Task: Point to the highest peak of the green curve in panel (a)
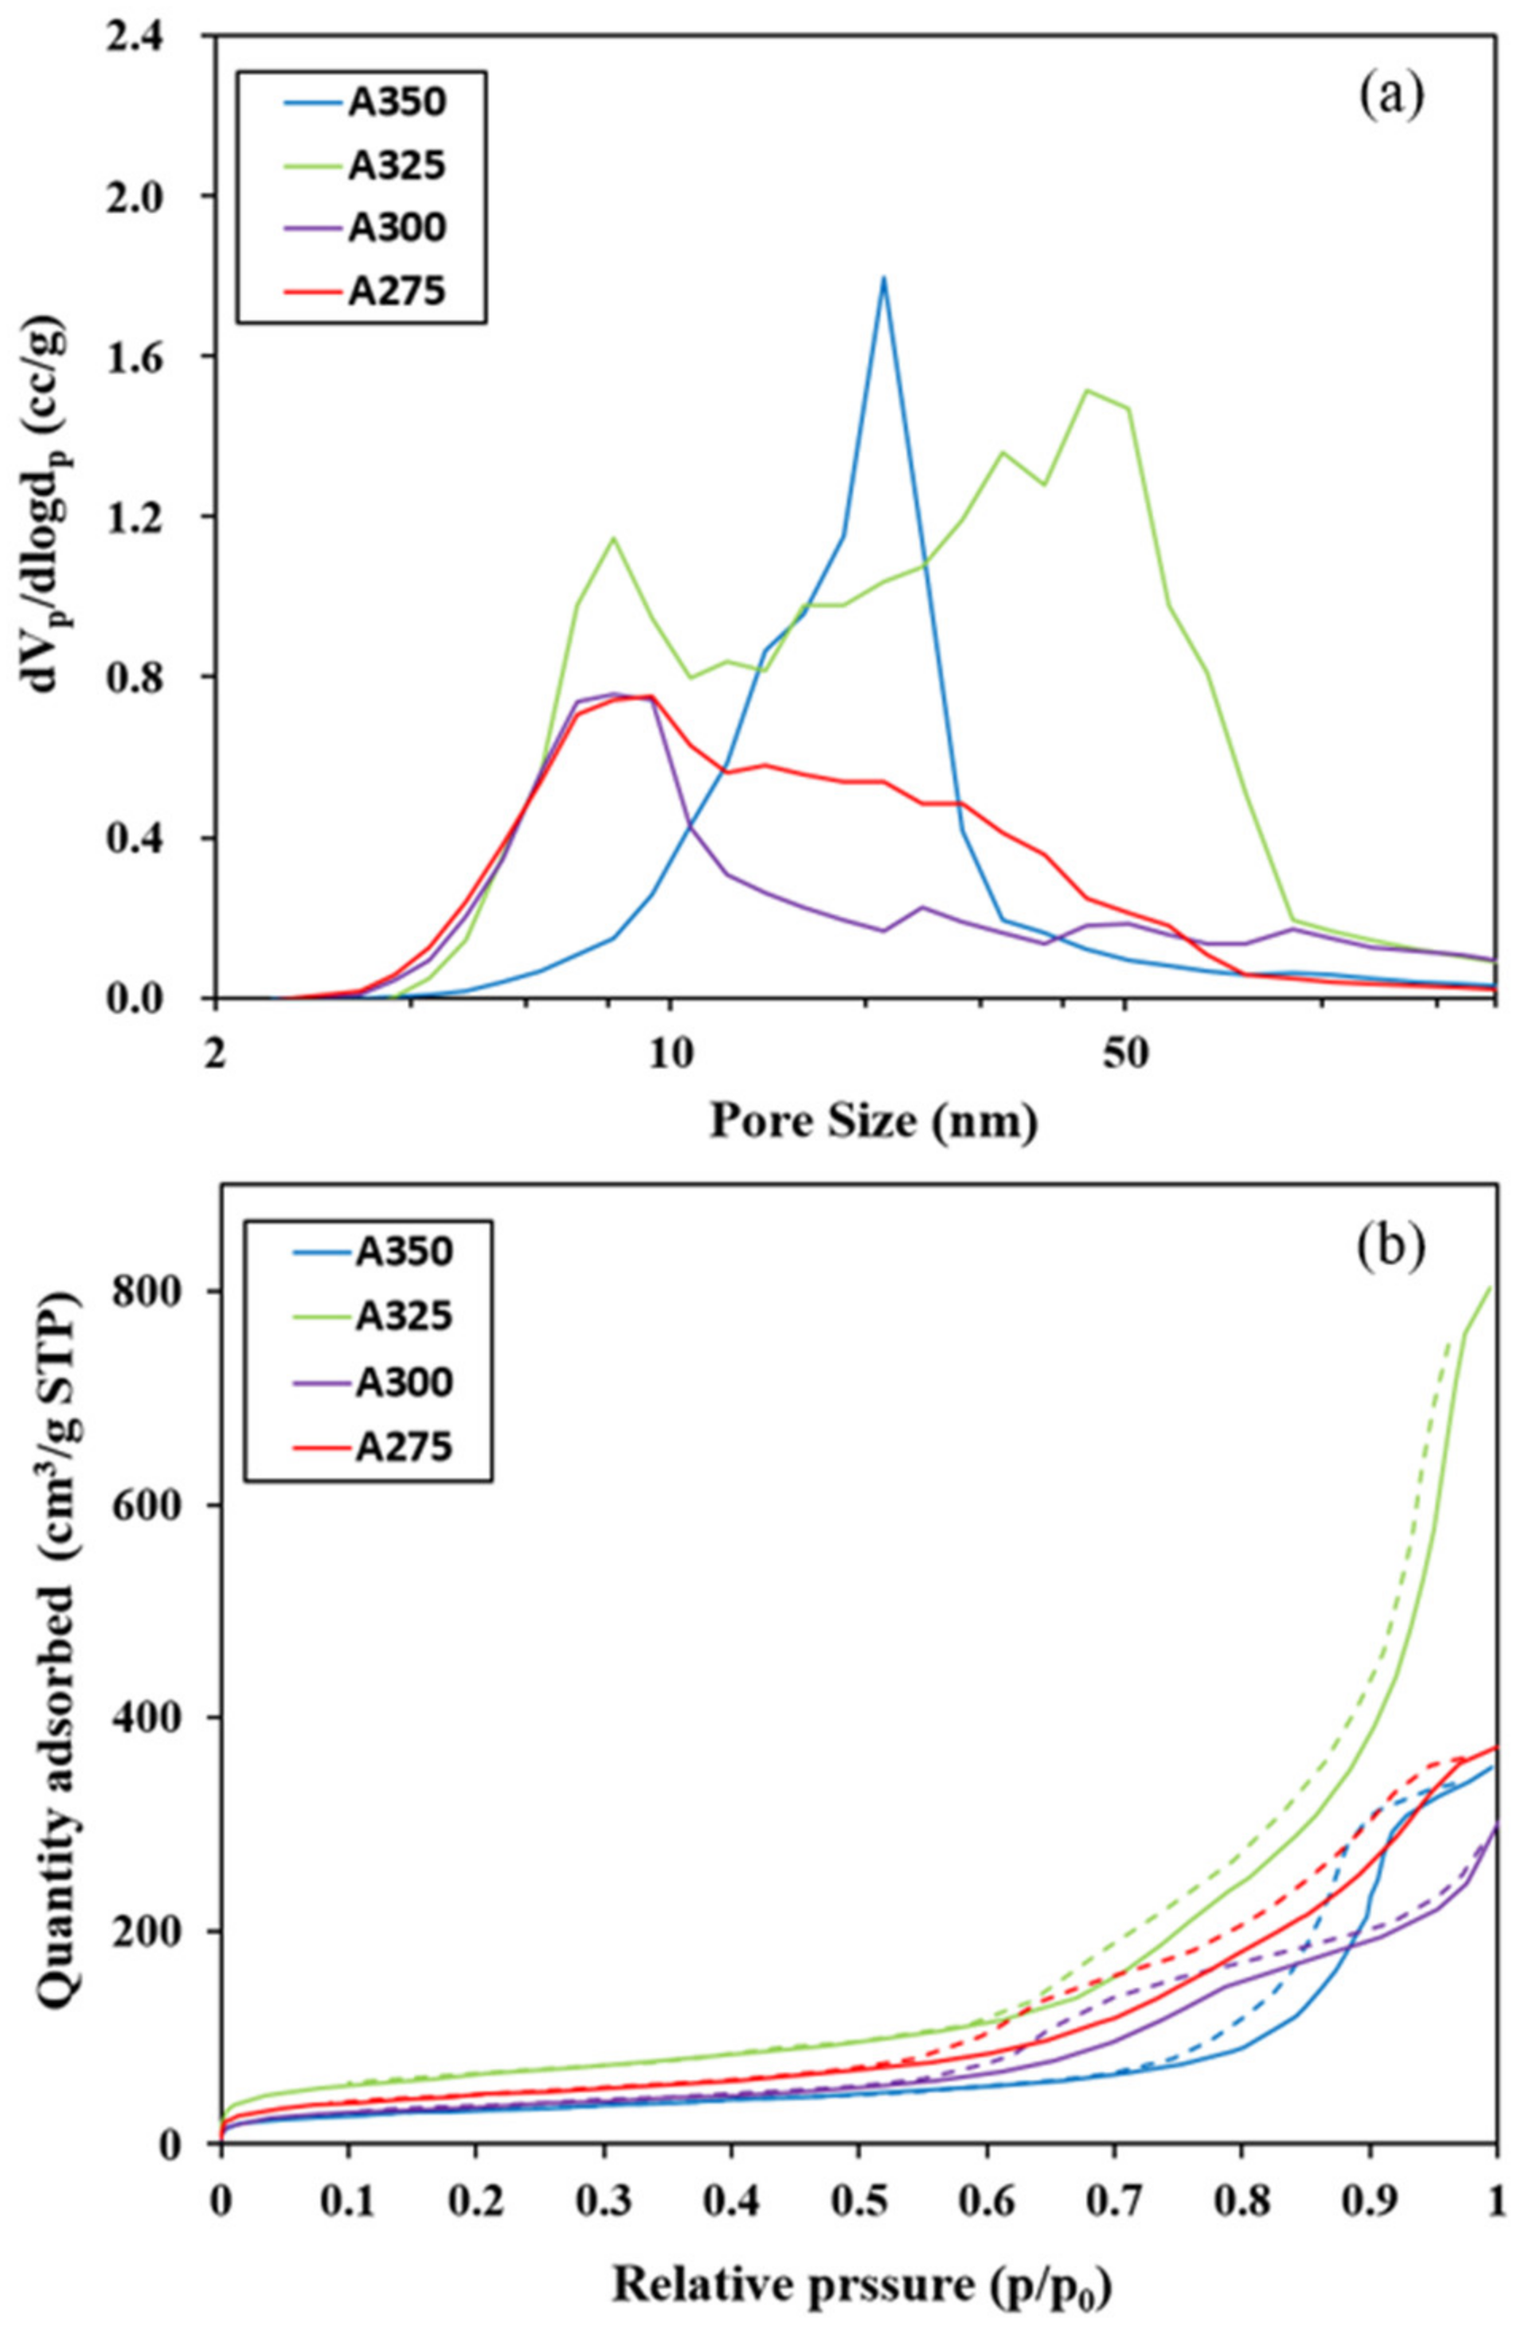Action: (x=1085, y=389)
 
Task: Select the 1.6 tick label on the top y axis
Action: (x=166, y=356)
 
